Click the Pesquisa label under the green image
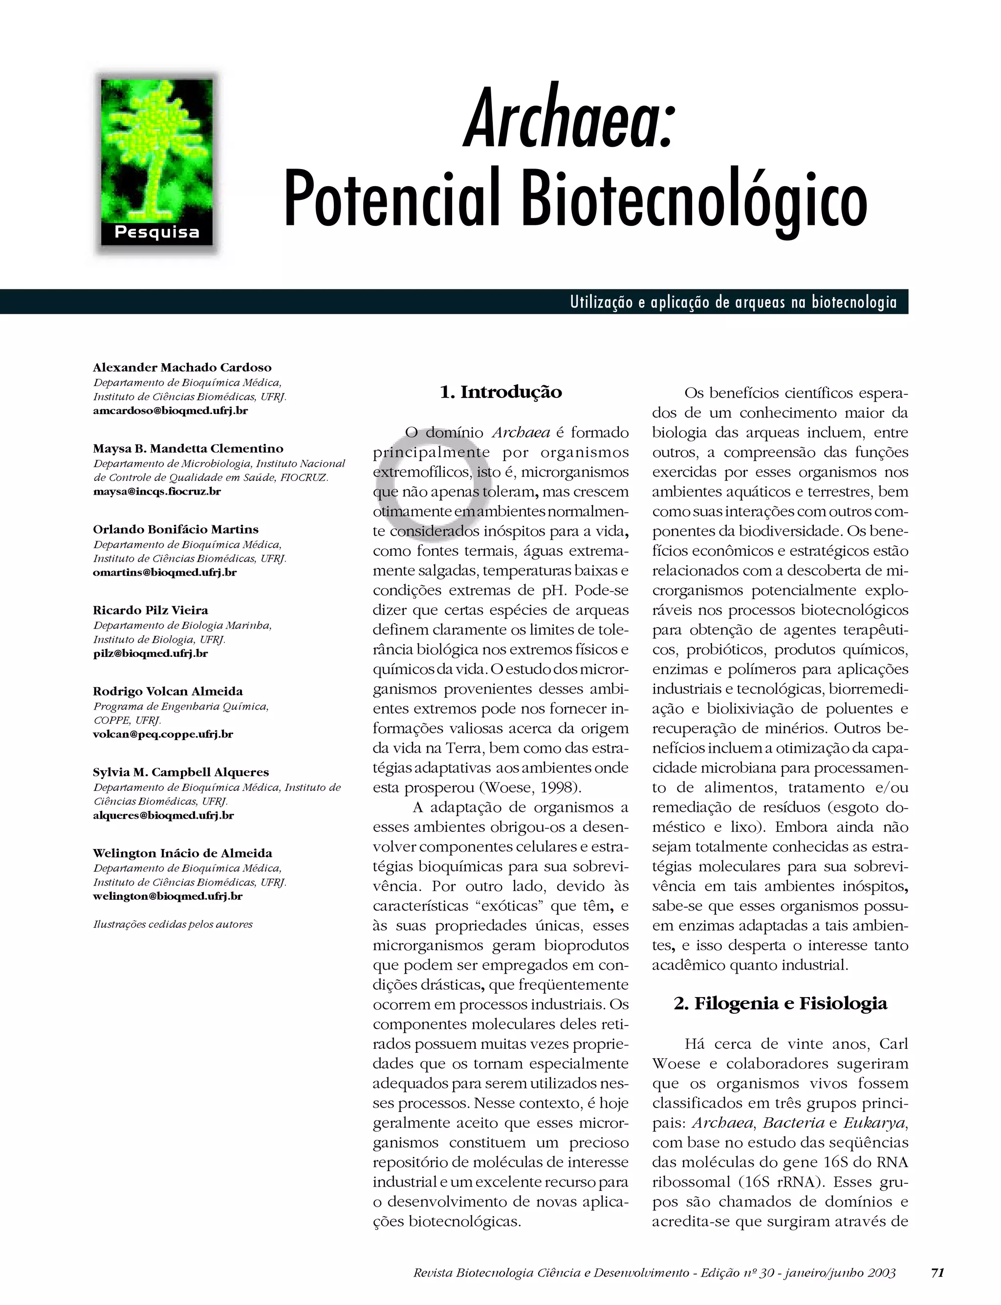click(157, 232)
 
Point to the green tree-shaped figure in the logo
click(154, 149)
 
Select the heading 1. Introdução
click(500, 392)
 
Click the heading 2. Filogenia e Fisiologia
click(781, 1004)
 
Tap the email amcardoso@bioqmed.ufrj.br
click(171, 411)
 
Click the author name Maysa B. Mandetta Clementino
click(188, 448)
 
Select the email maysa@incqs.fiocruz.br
click(157, 492)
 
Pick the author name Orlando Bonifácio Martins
click(176, 529)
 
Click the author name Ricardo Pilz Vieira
click(150, 610)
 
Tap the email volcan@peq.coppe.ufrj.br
click(163, 734)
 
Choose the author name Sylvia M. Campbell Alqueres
click(180, 772)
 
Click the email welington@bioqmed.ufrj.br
click(168, 896)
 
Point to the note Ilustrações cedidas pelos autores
click(173, 924)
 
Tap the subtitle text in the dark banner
click(733, 303)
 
